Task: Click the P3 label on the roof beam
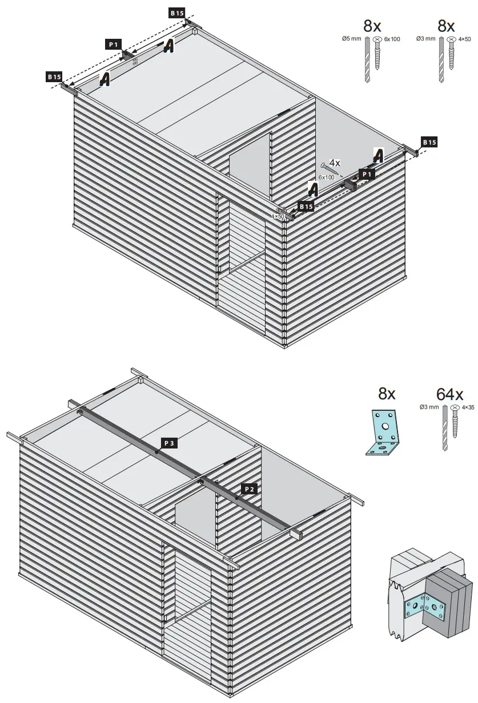170,443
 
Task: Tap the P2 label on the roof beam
248,488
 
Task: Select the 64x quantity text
449,394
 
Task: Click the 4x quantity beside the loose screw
335,163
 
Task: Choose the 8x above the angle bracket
387,394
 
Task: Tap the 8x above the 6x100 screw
372,26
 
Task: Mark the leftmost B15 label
54,76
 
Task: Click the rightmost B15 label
429,142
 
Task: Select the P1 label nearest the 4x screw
366,174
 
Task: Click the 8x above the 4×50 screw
446,26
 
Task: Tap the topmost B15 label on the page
176,12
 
